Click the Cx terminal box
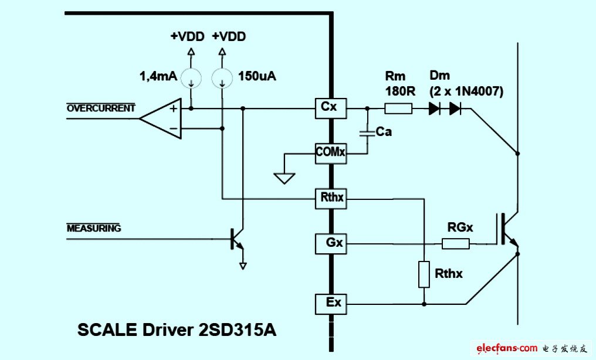pos(331,108)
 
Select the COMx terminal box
pos(331,154)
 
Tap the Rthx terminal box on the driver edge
pos(331,199)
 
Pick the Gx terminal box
pos(331,244)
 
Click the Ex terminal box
pos(331,304)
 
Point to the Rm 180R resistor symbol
pos(398,109)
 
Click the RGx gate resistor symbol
pos(456,244)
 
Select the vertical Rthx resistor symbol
pos(424,274)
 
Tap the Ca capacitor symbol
pos(367,133)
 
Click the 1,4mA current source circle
pos(191,78)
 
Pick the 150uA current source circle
pos(222,78)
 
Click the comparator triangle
pos(160,118)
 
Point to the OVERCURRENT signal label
pos(101,108)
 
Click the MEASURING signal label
pos(94,228)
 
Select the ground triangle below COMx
pos(285,178)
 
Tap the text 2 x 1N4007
pos(466,91)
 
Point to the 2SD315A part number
pos(238,330)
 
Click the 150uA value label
pos(257,76)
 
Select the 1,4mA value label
pos(158,76)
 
